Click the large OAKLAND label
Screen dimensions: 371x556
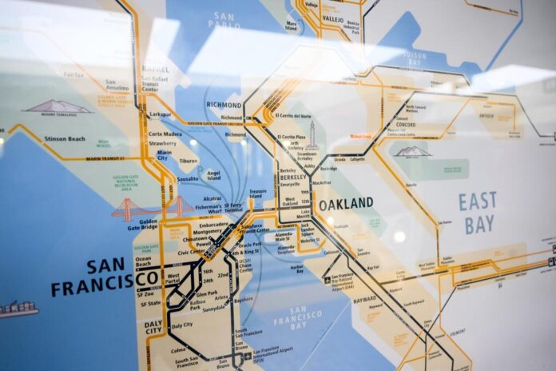(x=346, y=204)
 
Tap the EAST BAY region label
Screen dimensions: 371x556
(x=478, y=212)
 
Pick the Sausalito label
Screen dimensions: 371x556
(x=188, y=179)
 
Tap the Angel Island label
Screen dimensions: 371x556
(x=213, y=175)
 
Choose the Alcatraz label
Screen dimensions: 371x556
(x=212, y=198)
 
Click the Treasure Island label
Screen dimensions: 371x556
(x=258, y=195)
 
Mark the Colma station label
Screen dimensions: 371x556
(x=179, y=349)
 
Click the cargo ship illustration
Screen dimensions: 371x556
(x=18, y=309)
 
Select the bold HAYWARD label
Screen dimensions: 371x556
(x=364, y=299)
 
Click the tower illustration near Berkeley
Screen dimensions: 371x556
(x=312, y=136)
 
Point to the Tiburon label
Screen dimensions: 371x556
(x=189, y=161)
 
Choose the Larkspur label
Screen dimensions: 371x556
(x=160, y=114)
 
